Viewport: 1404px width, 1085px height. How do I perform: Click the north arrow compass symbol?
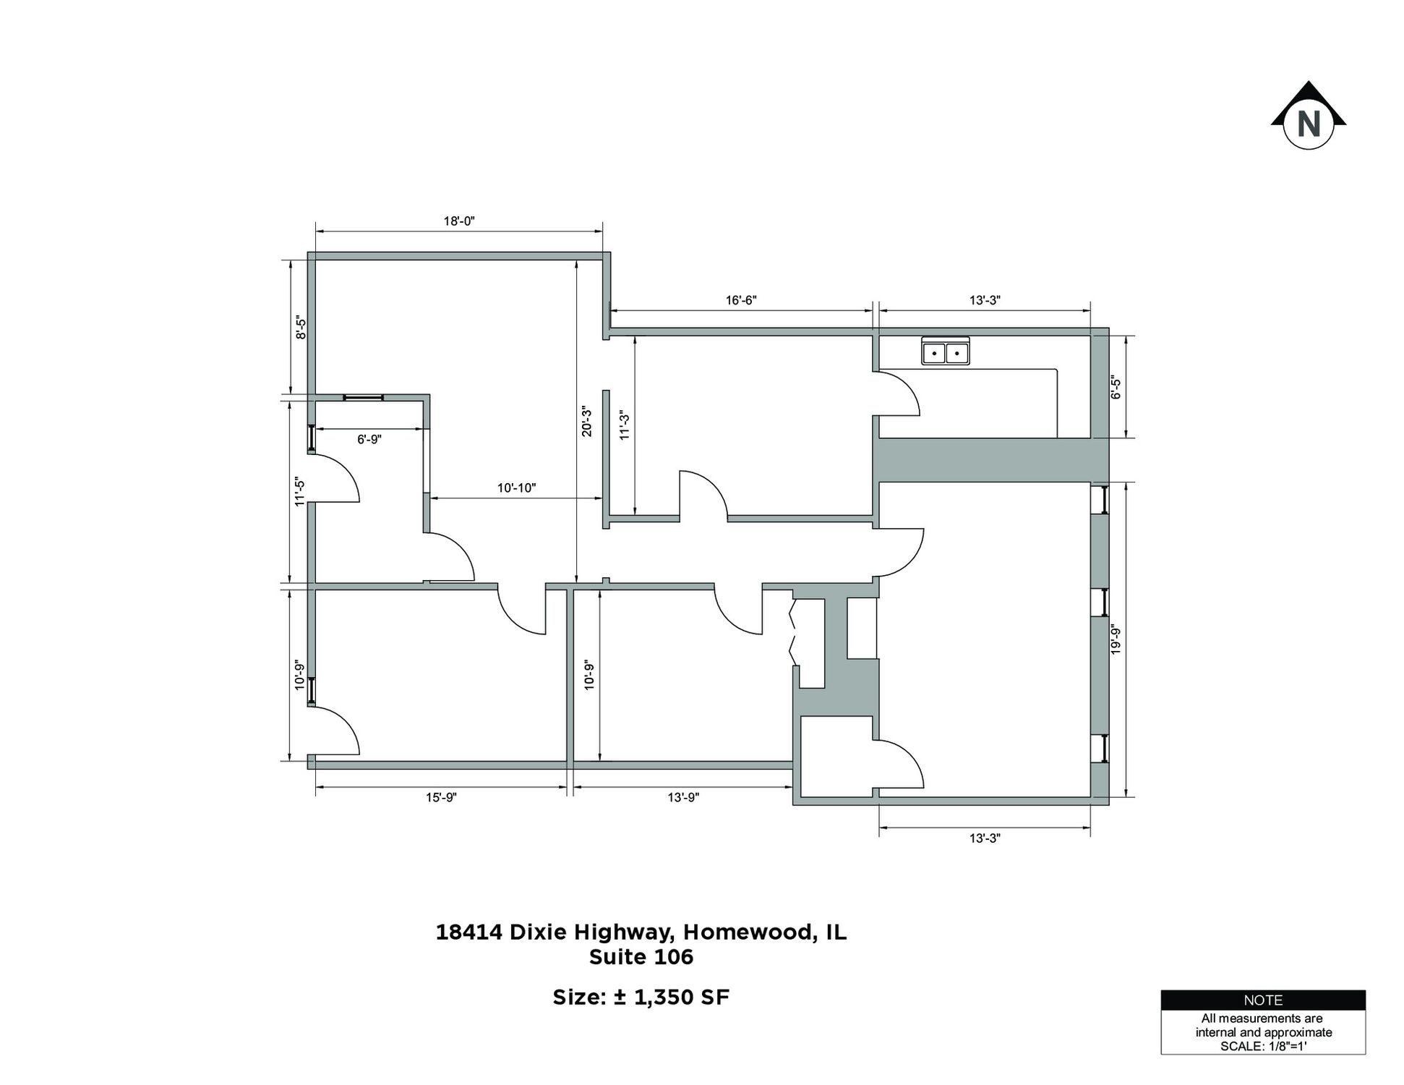1308,116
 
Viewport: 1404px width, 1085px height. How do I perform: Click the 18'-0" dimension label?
459,221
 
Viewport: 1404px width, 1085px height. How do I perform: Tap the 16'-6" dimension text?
741,300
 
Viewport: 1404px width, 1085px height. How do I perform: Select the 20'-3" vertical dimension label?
587,422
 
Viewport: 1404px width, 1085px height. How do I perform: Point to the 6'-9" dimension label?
369,439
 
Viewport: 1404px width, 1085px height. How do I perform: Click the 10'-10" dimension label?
516,488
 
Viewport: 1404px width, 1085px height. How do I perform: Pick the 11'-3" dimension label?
625,425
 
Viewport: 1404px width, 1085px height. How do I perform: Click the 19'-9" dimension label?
1116,640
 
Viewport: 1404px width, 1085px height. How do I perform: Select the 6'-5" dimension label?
1116,388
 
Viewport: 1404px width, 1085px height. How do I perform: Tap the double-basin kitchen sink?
946,352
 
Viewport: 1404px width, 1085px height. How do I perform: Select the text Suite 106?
641,957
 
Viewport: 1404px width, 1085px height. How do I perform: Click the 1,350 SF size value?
682,997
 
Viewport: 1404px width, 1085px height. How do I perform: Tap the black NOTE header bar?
1263,1000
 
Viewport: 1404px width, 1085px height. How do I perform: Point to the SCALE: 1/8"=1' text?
1263,1046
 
